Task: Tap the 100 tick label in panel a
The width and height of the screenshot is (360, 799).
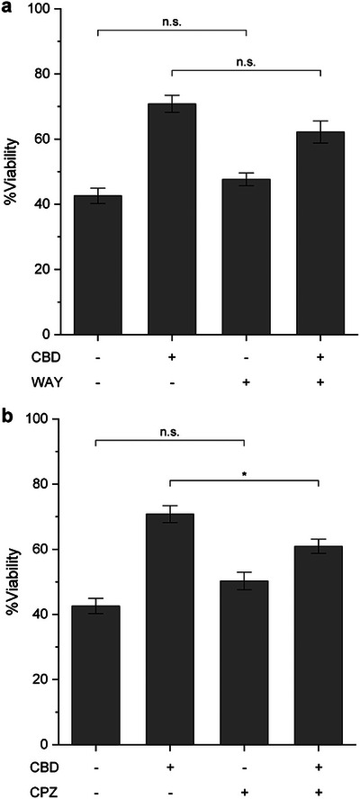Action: (x=40, y=10)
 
